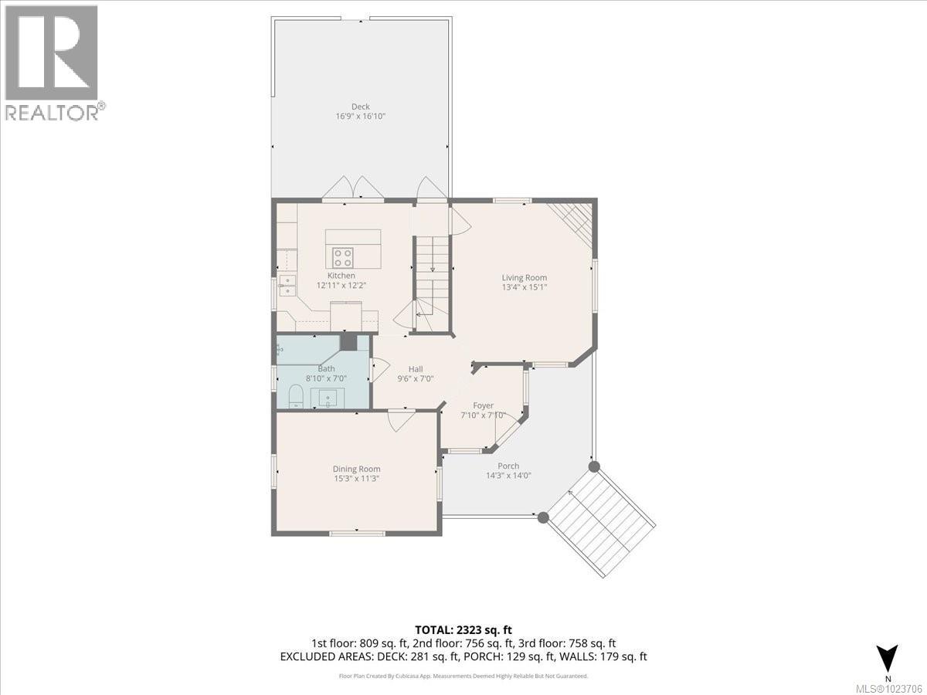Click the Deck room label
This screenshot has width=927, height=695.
click(360, 107)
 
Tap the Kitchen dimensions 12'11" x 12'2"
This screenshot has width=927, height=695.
click(341, 285)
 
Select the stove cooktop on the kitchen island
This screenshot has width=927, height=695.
click(343, 257)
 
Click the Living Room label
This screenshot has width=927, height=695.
click(524, 278)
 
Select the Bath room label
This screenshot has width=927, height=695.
click(326, 369)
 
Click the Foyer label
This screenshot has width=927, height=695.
click(483, 405)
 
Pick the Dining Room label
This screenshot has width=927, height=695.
click(356, 469)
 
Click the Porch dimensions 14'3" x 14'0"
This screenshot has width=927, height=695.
click(508, 476)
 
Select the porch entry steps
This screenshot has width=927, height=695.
click(601, 522)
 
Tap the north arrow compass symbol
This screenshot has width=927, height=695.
click(889, 659)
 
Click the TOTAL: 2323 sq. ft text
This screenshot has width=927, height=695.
click(463, 630)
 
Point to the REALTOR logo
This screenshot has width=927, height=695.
click(53, 63)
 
